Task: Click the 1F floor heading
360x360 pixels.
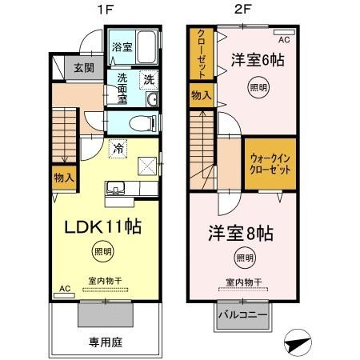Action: (x=106, y=10)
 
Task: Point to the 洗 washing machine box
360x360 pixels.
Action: (x=148, y=79)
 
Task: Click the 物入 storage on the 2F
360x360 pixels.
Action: (x=201, y=96)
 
